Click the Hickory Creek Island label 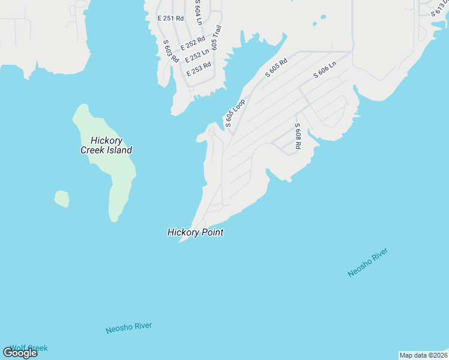click(x=106, y=146)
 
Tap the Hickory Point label click(x=195, y=232)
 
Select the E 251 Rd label click(x=170, y=19)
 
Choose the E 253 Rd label click(x=199, y=68)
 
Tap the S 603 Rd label click(x=171, y=51)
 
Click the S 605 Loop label click(x=235, y=113)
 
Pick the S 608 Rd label click(x=297, y=137)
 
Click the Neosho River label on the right click(x=368, y=262)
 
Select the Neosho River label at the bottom click(x=128, y=328)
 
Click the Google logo click(x=20, y=353)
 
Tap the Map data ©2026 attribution click(x=423, y=355)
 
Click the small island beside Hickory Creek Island click(x=61, y=199)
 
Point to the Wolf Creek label click(x=29, y=348)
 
